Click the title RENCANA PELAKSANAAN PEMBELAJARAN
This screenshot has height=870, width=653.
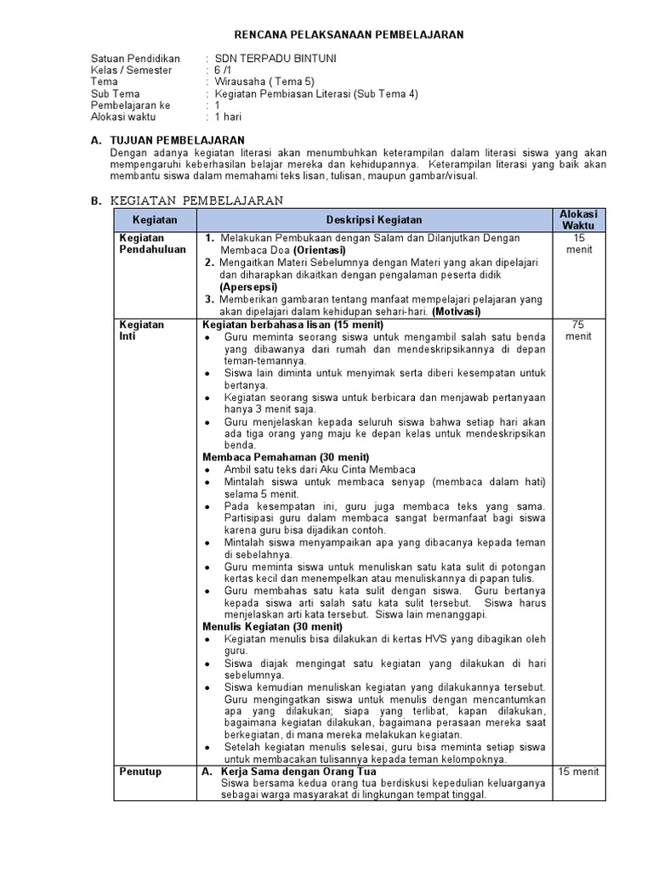(349, 34)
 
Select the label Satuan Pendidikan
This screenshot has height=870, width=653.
(136, 59)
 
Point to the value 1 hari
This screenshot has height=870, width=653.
(230, 118)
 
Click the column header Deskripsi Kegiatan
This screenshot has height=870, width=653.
(374, 220)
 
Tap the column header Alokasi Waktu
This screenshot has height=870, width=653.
(578, 220)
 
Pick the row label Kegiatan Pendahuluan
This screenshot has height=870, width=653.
(153, 244)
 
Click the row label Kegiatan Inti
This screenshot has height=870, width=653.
(142, 330)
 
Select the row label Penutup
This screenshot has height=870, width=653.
(140, 771)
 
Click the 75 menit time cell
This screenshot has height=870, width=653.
(578, 330)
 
